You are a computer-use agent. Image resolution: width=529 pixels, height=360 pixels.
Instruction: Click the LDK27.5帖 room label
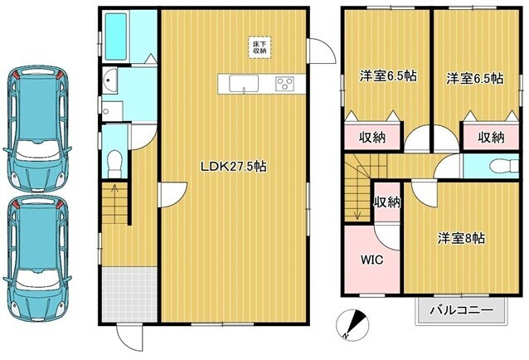coord(234,167)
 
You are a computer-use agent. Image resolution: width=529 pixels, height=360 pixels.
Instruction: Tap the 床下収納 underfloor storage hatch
coord(260,47)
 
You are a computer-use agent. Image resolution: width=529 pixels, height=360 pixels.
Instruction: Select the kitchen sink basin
coord(244,83)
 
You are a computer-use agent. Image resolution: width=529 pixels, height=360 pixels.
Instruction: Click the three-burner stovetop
coord(284,84)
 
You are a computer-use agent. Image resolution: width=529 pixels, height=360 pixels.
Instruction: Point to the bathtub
coord(115,36)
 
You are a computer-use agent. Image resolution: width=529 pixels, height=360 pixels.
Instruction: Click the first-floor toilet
coord(114,164)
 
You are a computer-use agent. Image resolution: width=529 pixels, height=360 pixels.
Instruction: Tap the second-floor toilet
coord(503,166)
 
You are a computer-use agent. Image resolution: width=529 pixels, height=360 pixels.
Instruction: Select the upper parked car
coord(37,129)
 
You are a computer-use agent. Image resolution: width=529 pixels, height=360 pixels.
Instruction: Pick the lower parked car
coord(37,258)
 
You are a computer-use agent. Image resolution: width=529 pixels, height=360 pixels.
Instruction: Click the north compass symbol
coord(353,324)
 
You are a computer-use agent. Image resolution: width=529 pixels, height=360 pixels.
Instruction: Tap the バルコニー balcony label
coord(461,309)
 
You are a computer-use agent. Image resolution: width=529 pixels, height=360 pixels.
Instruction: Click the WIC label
coord(371,260)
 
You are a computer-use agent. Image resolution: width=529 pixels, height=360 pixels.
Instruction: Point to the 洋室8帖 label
coord(462,239)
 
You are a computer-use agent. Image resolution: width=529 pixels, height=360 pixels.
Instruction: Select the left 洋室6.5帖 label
coord(388,76)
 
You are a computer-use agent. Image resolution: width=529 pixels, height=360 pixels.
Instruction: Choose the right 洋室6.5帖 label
coord(475,79)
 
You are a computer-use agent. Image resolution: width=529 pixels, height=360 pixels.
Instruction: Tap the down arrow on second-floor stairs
coord(357,209)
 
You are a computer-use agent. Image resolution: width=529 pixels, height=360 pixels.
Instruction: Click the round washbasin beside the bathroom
coord(109,80)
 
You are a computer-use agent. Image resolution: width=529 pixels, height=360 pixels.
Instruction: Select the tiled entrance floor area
coord(129,294)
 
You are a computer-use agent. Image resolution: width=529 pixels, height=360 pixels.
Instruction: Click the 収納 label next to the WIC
coord(387,202)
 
